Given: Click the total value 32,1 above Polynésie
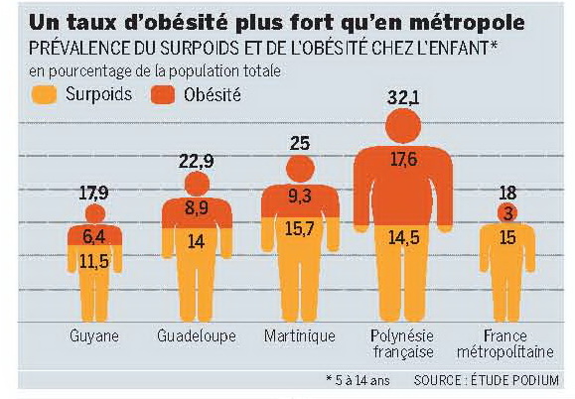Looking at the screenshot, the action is pyautogui.click(x=403, y=98).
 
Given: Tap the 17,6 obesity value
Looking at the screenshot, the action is pyautogui.click(x=403, y=160).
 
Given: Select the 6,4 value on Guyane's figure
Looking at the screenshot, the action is pyautogui.click(x=94, y=236).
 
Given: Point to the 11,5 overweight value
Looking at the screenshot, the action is pyautogui.click(x=94, y=261).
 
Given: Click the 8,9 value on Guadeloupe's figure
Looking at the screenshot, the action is pyautogui.click(x=197, y=207).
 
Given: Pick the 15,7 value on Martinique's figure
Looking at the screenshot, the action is pyautogui.click(x=299, y=229).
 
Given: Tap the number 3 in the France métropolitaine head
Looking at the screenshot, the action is pyautogui.click(x=507, y=213).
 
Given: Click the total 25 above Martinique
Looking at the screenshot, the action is pyautogui.click(x=300, y=143).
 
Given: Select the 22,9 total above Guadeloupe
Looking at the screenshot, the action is pyautogui.click(x=197, y=161).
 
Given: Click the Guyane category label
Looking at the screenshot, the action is pyautogui.click(x=94, y=335).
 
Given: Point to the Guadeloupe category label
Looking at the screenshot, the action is pyautogui.click(x=197, y=335).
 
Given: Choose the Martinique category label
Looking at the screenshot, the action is pyautogui.click(x=300, y=335).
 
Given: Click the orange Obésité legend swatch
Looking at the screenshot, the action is pyautogui.click(x=163, y=95).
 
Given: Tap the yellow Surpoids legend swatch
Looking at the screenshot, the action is pyautogui.click(x=44, y=95).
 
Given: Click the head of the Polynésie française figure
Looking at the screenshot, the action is pyautogui.click(x=403, y=126).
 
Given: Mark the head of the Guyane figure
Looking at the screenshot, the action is pyautogui.click(x=95, y=213).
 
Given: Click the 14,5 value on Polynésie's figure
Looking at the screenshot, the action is pyautogui.click(x=404, y=238).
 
